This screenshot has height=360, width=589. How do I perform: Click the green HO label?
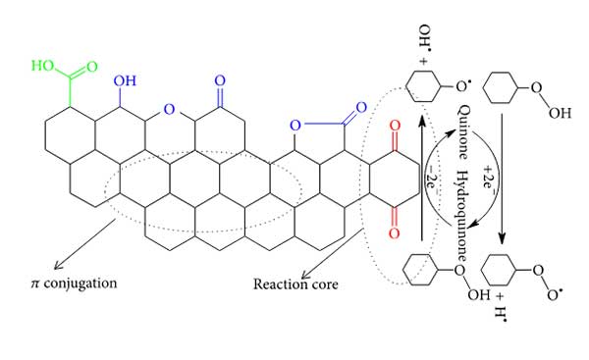pos(42,66)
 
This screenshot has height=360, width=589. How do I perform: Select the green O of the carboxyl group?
pos(92,67)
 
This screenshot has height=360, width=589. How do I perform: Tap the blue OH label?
pos(125,80)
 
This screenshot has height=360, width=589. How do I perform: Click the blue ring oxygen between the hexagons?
pos(170,109)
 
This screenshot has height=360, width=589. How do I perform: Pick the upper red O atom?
pos(395,126)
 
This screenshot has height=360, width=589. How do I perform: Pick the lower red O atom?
pos(394,233)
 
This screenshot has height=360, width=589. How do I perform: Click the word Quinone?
pos(463,132)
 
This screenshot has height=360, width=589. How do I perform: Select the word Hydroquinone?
pos(462,216)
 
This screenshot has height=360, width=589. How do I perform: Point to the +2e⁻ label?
pos(489,180)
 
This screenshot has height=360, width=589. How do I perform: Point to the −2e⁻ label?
pos(432,180)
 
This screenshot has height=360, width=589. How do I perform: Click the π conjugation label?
pos(74,283)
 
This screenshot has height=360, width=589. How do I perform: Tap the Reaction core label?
pos(295,284)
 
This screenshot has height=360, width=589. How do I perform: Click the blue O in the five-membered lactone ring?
pos(295,126)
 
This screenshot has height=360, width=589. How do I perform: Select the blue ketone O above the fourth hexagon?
pos(220,80)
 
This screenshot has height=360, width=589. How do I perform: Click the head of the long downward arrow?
pos(502,238)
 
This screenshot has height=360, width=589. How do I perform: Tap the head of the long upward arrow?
pos(422,123)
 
